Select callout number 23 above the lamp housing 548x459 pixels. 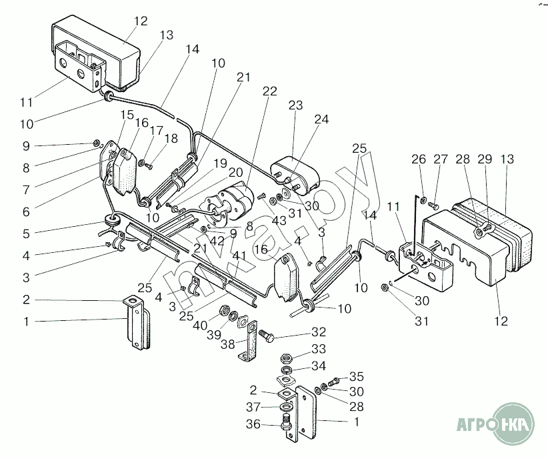295,105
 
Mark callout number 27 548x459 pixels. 441,159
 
